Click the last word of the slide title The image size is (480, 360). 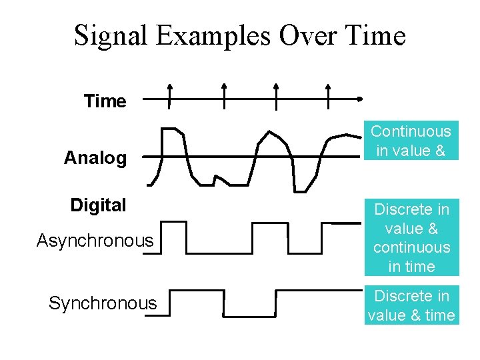click(373, 35)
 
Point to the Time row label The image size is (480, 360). click(105, 101)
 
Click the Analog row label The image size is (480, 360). click(95, 159)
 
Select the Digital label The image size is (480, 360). click(98, 205)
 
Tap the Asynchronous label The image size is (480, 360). click(95, 240)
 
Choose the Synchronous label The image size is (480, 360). click(103, 303)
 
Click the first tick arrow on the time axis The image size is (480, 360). click(169, 95)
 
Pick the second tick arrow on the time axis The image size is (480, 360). click(224, 95)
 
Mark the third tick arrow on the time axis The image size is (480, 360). click(276, 95)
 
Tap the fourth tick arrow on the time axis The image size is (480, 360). click(327, 95)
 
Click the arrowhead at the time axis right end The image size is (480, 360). click(360, 99)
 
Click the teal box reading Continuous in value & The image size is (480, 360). click(411, 141)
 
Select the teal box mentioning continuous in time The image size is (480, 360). click(411, 238)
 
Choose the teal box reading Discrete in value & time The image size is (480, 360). click(411, 305)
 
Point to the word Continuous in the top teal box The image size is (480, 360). click(411, 131)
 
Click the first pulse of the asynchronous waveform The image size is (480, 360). click(174, 237)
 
